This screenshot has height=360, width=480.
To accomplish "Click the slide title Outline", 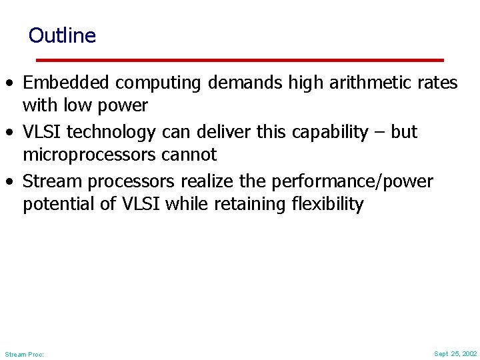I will pos(62,35).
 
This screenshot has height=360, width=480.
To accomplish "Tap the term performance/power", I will pos(352,181).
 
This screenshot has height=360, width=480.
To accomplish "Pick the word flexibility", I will pos(328,204).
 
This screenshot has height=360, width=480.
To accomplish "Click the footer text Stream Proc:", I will pos(24,354).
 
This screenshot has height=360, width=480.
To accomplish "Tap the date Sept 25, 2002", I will pos(455,353).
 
